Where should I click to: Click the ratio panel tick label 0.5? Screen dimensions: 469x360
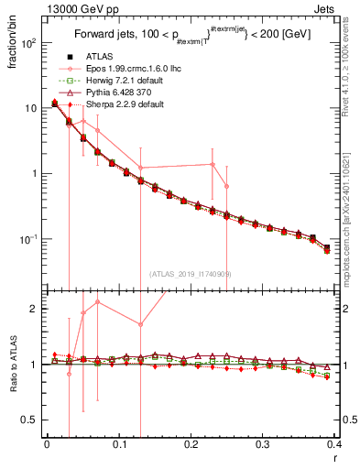tap(29, 420)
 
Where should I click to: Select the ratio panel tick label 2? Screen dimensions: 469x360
tap(33, 310)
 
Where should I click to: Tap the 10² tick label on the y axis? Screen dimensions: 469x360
tap(27, 43)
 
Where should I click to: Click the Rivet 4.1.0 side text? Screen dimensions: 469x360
tap(353, 73)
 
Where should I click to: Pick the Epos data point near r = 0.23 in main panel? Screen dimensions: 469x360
tap(213, 165)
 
